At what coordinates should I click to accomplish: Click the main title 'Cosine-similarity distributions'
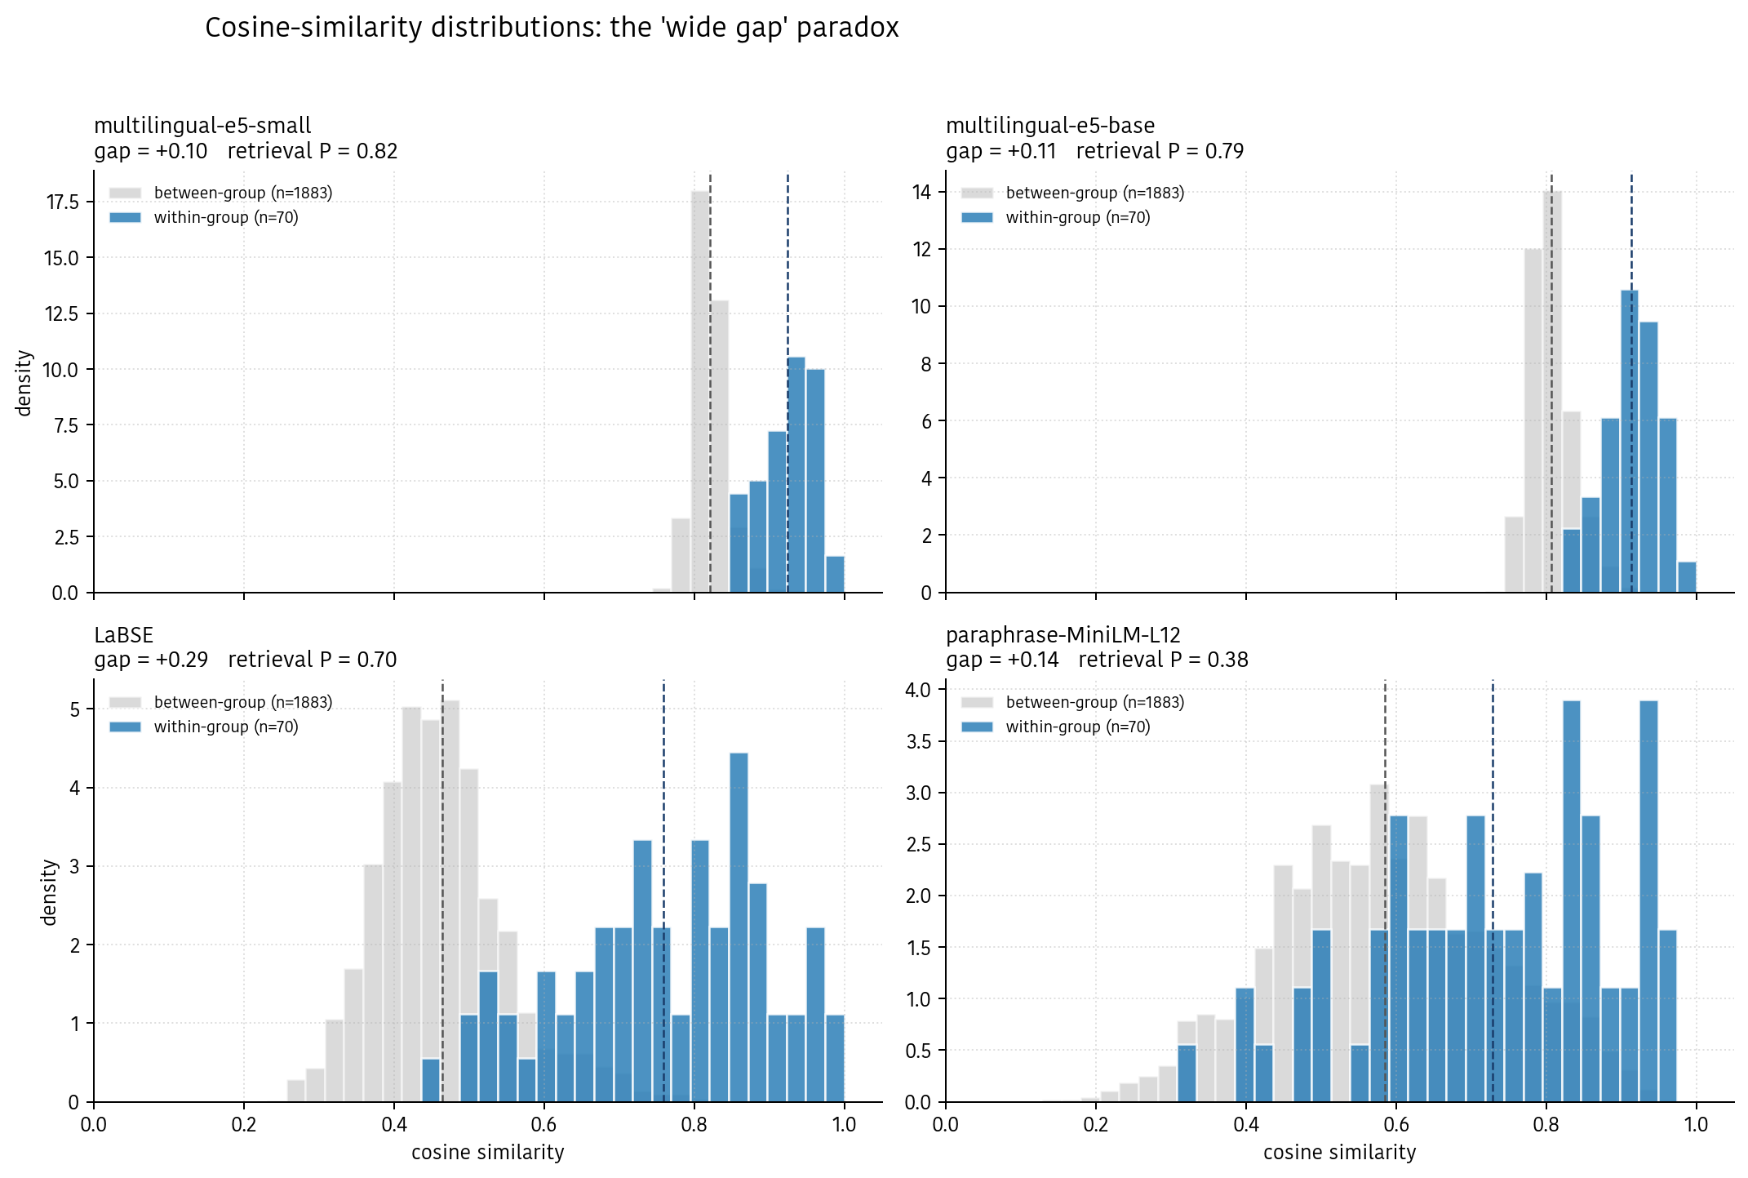[551, 28]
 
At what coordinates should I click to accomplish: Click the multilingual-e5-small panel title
[202, 126]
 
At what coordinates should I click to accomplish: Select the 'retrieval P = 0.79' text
[1160, 151]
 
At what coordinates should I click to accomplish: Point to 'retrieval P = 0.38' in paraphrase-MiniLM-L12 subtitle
[1163, 660]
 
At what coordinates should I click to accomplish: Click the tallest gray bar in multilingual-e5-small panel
[700, 392]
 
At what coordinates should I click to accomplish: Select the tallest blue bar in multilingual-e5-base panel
[1629, 441]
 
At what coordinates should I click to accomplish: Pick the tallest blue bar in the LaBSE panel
[739, 927]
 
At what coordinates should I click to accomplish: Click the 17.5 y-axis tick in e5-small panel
[62, 202]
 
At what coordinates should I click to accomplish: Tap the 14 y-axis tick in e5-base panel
[921, 192]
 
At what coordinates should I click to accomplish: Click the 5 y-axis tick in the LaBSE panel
[75, 709]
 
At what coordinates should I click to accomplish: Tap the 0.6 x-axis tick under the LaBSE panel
[543, 1124]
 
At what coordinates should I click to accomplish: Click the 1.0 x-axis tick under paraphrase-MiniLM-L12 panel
[1696, 1124]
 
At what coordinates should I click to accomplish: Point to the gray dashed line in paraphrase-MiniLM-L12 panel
[1385, 735]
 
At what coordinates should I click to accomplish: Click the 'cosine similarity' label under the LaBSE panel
[487, 1152]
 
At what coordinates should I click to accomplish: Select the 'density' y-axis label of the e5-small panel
[25, 383]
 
